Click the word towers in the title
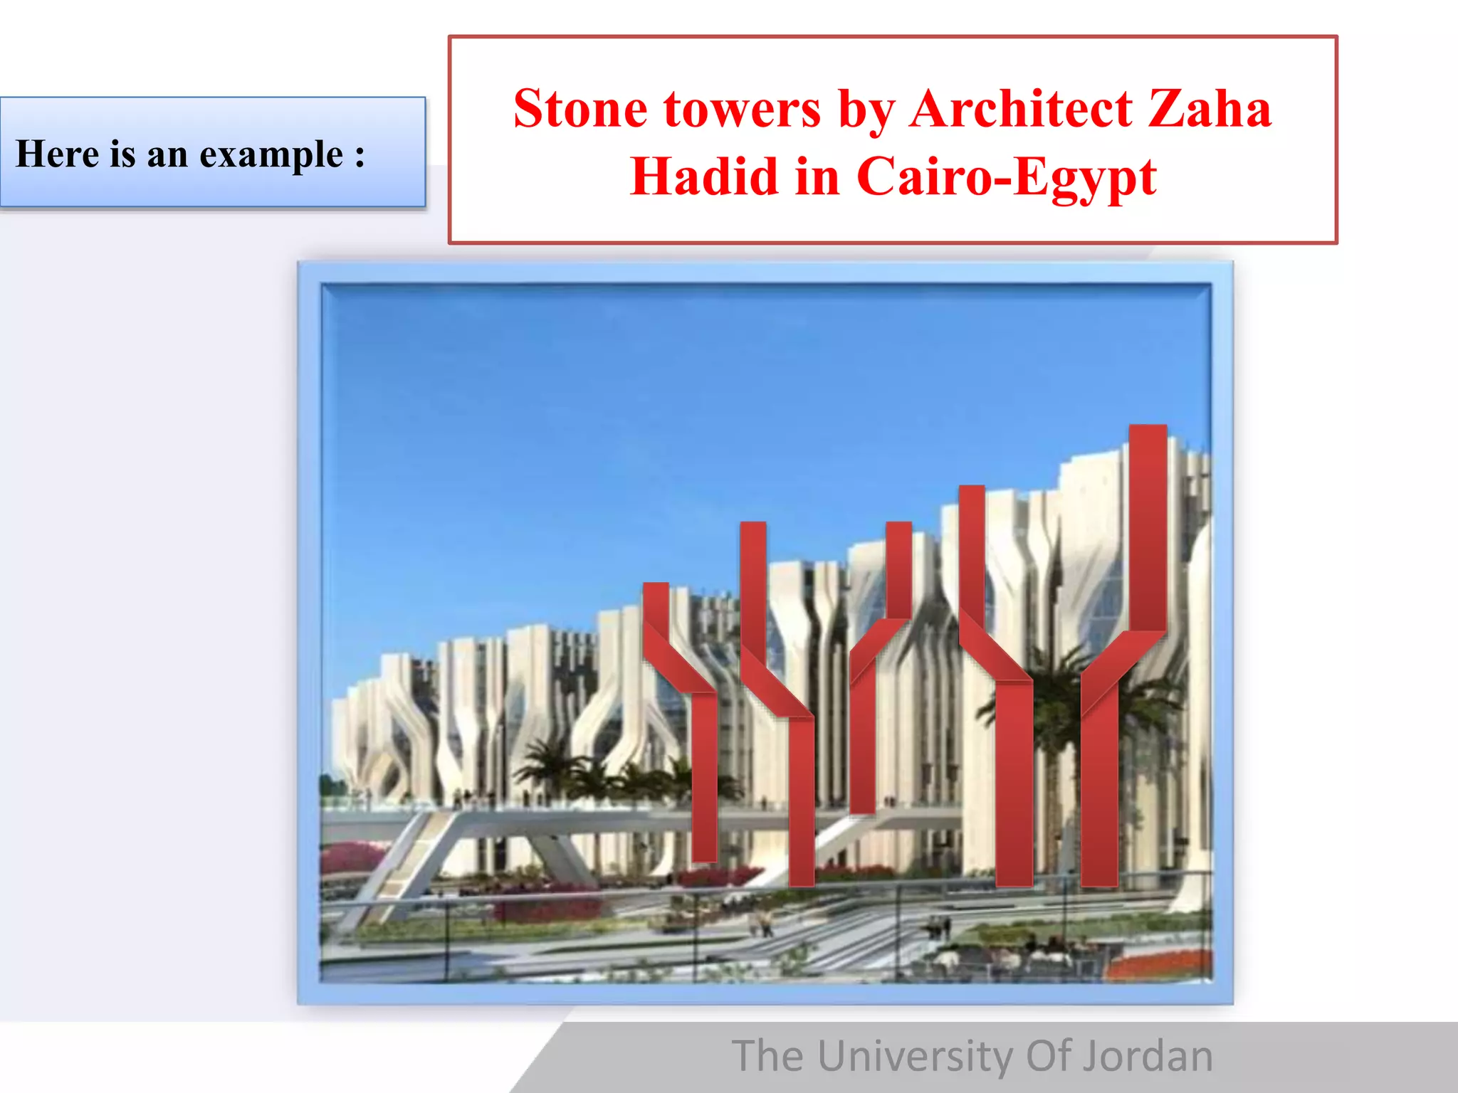tap(742, 110)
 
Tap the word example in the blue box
tap(271, 155)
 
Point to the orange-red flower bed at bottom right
tap(1160, 964)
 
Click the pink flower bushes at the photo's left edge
tap(349, 857)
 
